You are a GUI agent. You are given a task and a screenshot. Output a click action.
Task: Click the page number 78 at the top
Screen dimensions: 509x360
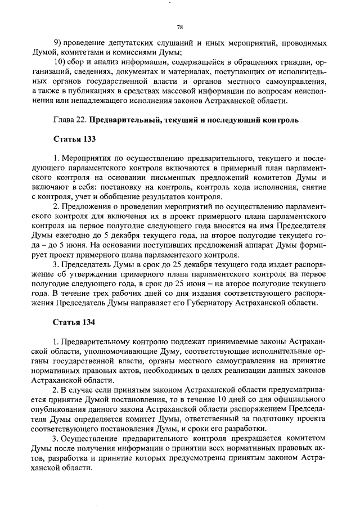180,26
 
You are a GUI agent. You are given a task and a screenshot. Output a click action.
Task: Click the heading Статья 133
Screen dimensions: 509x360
74,138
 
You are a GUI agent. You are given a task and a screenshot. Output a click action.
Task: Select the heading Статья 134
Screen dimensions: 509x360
74,323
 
